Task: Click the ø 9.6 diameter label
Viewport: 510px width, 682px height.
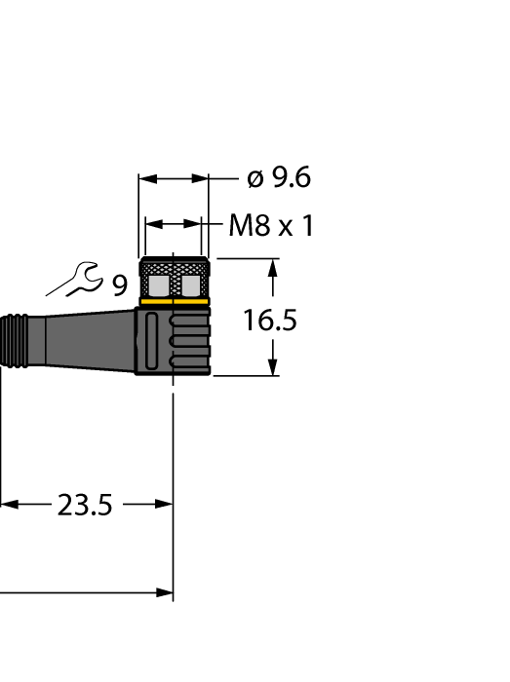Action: (x=278, y=178)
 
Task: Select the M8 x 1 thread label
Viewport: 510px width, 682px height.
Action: (x=271, y=227)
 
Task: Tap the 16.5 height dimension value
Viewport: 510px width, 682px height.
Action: (x=270, y=320)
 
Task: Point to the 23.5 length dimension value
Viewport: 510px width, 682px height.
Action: (x=85, y=505)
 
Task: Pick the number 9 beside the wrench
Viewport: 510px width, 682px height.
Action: (x=119, y=285)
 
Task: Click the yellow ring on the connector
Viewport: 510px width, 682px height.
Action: (x=175, y=302)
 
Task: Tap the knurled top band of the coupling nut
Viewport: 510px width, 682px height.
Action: (x=175, y=265)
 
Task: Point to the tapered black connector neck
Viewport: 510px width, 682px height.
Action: (x=88, y=338)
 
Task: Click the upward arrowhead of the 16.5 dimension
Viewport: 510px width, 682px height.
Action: (x=274, y=268)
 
